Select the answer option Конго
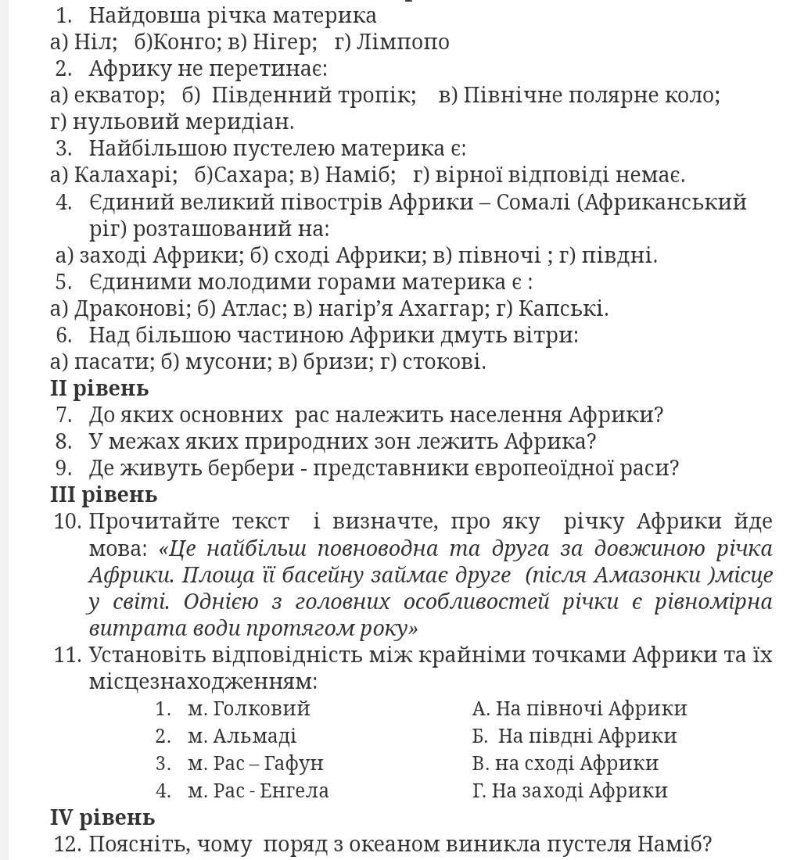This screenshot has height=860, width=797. click(x=180, y=42)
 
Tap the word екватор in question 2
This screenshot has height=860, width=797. click(x=117, y=95)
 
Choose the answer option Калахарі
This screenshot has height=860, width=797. click(x=124, y=175)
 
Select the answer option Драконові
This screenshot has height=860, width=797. click(x=131, y=309)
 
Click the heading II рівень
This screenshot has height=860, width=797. click(x=99, y=388)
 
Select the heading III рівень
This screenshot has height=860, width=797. click(x=103, y=494)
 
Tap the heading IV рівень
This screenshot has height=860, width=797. click(x=102, y=817)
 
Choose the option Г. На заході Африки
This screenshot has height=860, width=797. click(x=569, y=790)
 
